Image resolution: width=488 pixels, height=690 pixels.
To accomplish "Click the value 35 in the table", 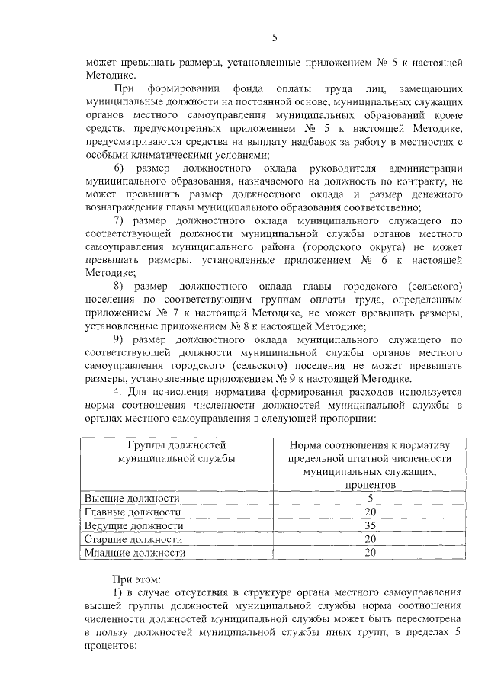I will coord(370,525).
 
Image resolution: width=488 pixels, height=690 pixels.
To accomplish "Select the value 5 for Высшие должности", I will coord(370,498).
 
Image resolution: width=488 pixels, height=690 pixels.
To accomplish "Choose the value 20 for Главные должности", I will coord(370,512).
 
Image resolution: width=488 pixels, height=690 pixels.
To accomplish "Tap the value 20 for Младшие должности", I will coord(370,553).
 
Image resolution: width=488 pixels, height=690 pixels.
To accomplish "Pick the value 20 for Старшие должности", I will coord(370,539).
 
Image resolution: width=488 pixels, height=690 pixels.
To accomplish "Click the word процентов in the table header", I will coord(370,484).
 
